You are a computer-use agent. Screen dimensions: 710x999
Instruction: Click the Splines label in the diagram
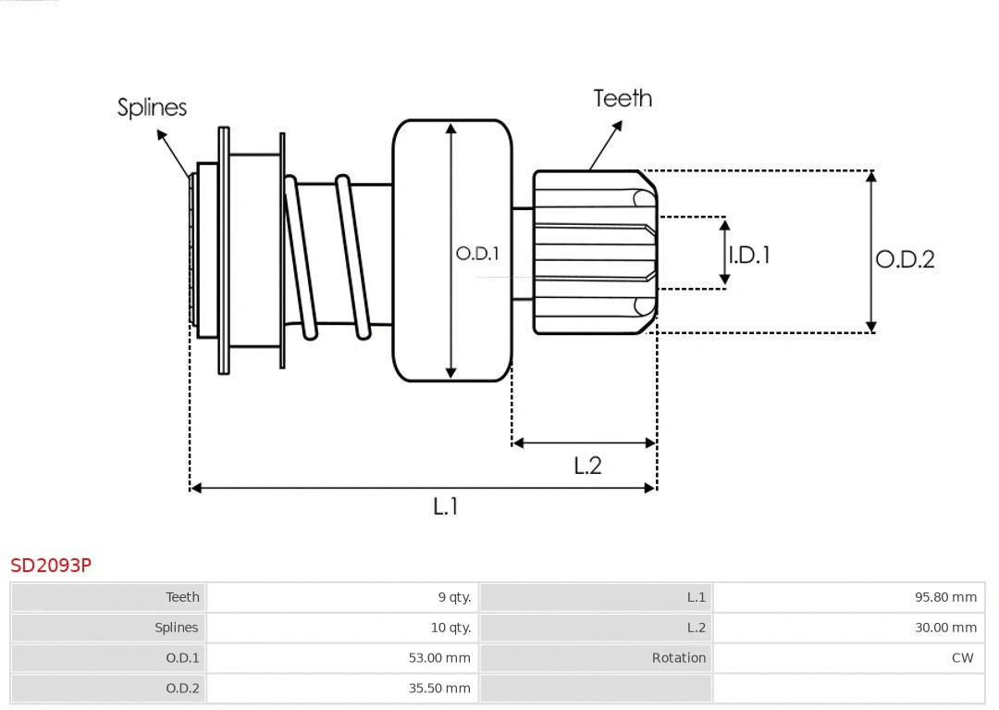[152, 107]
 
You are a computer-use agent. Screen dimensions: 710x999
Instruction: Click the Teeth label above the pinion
[623, 98]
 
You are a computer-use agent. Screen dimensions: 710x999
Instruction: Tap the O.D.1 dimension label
[477, 253]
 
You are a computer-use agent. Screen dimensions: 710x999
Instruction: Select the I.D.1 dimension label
[749, 255]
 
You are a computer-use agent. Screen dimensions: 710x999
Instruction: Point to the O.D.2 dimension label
[905, 259]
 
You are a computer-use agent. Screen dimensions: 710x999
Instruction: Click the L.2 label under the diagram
[587, 466]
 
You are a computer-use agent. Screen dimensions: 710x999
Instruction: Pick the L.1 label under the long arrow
[446, 506]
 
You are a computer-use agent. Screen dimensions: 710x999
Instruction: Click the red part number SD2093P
[51, 565]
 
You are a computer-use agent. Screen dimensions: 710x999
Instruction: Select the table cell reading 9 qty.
[454, 597]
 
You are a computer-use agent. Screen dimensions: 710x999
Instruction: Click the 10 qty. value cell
[450, 628]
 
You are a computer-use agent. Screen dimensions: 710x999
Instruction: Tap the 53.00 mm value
[439, 658]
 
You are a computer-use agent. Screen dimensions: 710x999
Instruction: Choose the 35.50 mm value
[439, 688]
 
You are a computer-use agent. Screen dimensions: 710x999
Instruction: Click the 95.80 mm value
[945, 597]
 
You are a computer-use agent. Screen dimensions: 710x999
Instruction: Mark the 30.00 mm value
[945, 628]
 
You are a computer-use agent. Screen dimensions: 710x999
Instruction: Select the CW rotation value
[962, 658]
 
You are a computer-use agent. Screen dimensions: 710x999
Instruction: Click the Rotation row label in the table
[678, 658]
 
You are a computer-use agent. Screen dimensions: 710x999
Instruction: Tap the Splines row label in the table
[176, 628]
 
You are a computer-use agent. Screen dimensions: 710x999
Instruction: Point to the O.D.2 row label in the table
[182, 688]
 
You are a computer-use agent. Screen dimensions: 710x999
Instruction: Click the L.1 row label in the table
[696, 597]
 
